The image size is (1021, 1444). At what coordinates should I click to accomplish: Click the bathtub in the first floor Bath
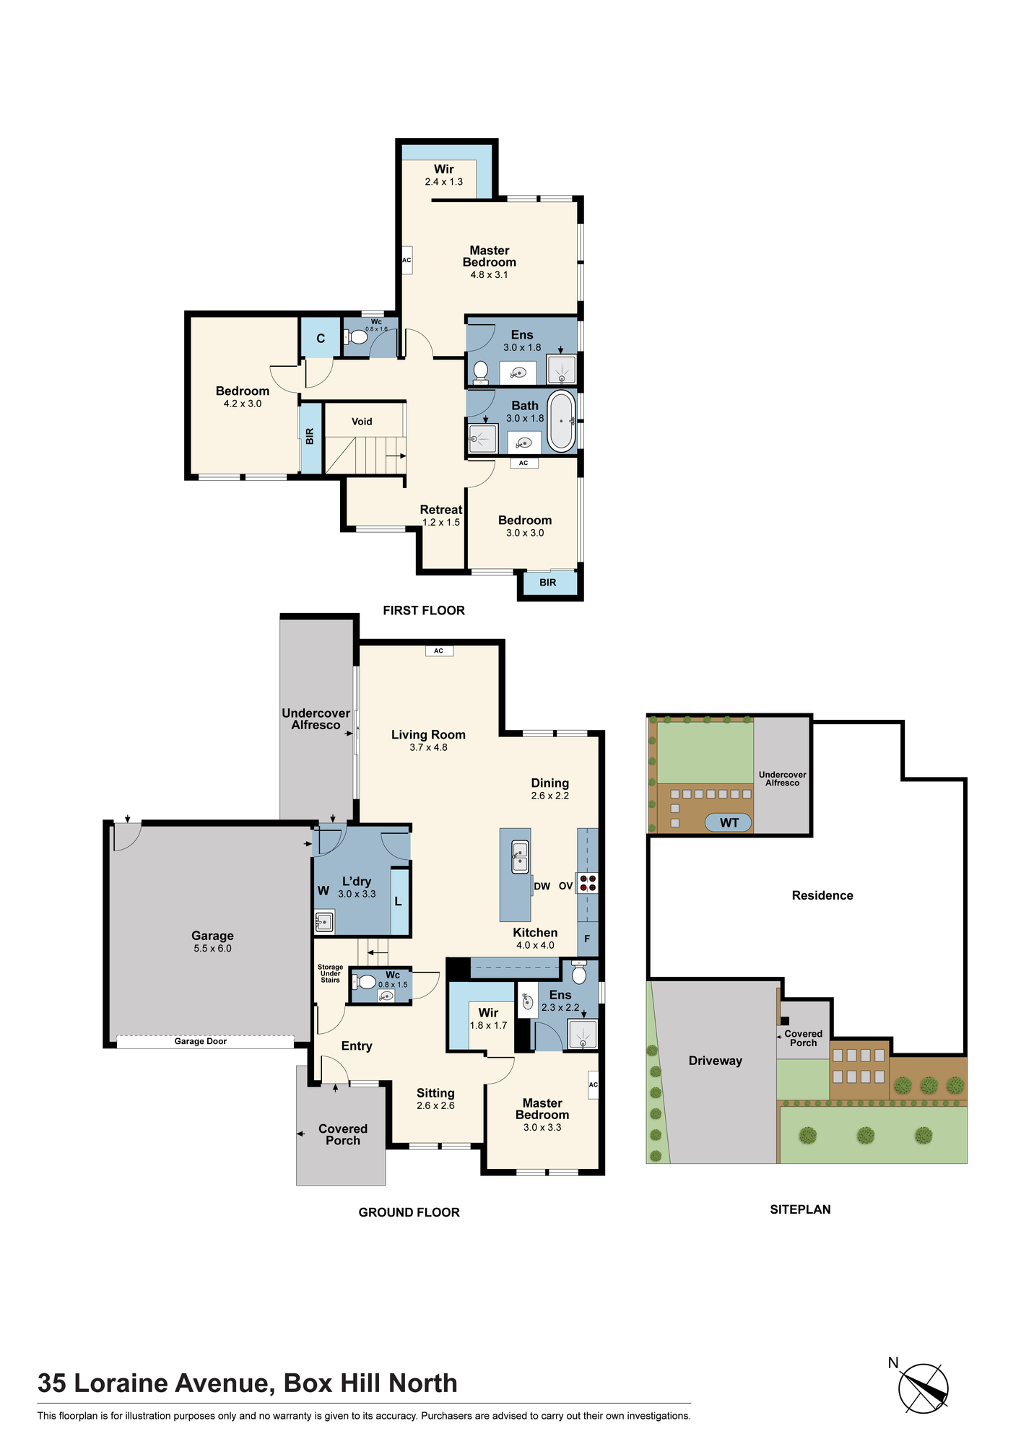click(561, 421)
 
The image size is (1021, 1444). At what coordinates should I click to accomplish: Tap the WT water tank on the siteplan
click(729, 822)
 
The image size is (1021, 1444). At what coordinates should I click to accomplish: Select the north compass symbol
click(923, 1388)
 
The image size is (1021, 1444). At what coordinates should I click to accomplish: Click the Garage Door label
click(201, 1041)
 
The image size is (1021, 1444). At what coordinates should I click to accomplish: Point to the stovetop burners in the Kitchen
click(587, 883)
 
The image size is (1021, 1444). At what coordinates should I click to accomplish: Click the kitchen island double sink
click(520, 857)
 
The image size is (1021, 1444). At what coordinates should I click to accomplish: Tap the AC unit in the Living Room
click(438, 651)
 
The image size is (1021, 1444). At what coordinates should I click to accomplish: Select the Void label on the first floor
click(362, 422)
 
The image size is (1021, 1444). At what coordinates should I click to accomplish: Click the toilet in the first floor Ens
click(480, 371)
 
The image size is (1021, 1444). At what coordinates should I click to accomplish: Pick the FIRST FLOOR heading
click(424, 610)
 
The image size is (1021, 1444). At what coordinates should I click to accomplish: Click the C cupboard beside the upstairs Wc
click(321, 338)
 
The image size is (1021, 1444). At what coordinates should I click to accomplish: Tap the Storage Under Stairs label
click(330, 973)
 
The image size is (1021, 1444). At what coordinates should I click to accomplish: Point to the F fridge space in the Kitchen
click(587, 939)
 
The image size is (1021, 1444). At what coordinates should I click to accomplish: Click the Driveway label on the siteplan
click(715, 1061)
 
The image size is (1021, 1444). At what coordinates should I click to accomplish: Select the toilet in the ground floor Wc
click(364, 982)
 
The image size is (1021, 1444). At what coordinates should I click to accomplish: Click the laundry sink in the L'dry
click(324, 921)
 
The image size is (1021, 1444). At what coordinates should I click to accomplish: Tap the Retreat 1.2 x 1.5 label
click(441, 516)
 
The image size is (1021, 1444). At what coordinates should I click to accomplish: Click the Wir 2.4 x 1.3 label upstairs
click(443, 175)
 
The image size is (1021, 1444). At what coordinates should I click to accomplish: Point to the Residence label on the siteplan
click(822, 895)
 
